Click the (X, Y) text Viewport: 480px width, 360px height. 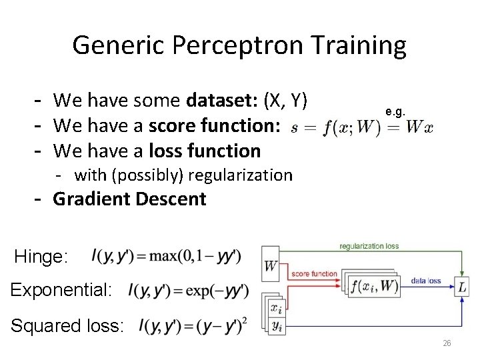pyautogui.click(x=285, y=101)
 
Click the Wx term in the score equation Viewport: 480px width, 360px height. pyautogui.click(x=418, y=126)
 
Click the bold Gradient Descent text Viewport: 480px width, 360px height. pyautogui.click(x=129, y=199)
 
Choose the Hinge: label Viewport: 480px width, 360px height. pyautogui.click(x=41, y=257)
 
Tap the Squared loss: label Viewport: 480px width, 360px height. pyautogui.click(x=67, y=326)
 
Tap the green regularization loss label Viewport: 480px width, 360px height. pyautogui.click(x=369, y=246)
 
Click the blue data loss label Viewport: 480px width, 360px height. pyautogui.click(x=427, y=281)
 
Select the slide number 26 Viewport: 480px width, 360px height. pyautogui.click(x=447, y=343)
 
